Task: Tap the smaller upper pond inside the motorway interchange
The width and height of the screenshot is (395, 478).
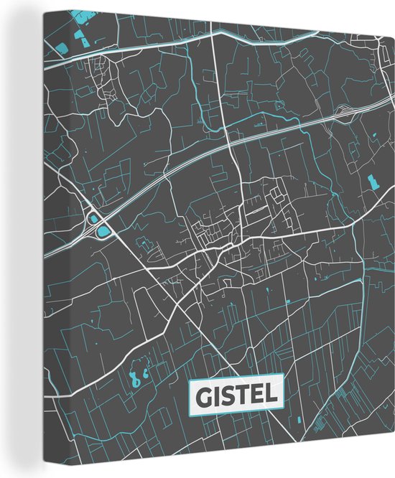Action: point(93,217)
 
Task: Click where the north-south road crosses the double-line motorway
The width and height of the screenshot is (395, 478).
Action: point(231,147)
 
